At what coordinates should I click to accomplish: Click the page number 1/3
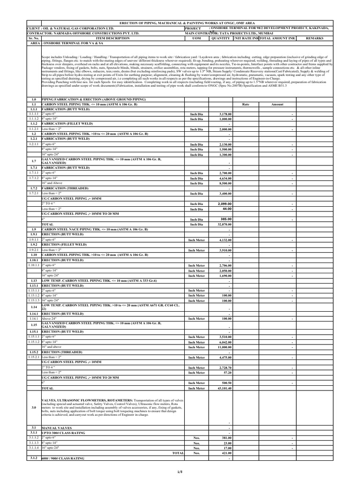click(180, 471)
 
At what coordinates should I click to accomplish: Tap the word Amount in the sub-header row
click(277, 105)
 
